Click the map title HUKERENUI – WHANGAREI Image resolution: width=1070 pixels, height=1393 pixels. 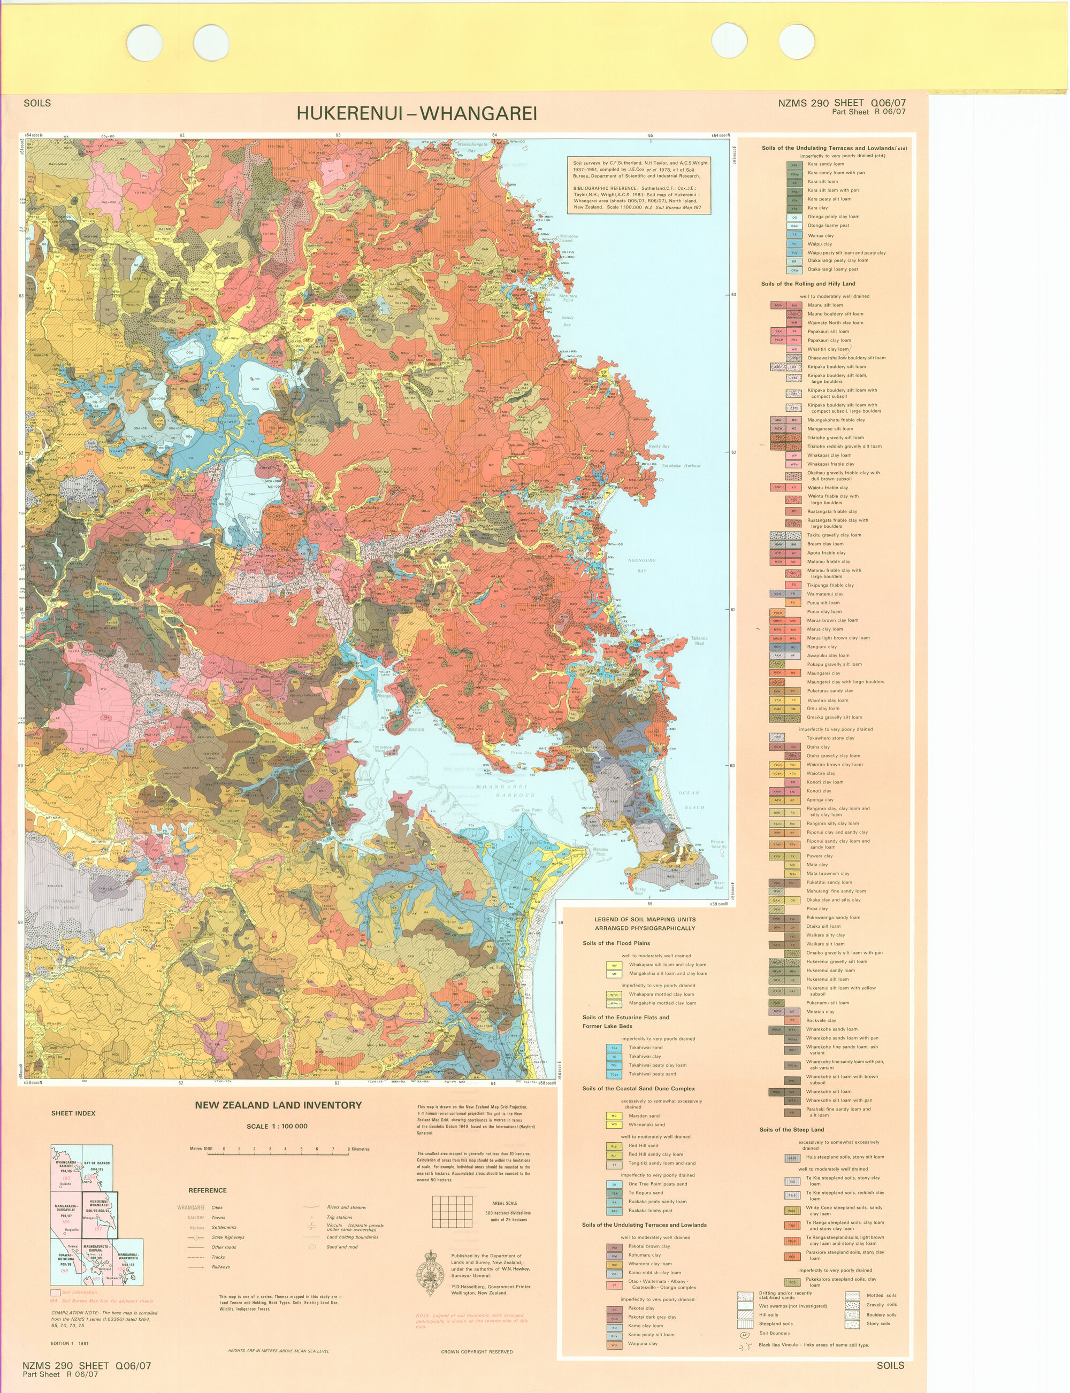(x=417, y=113)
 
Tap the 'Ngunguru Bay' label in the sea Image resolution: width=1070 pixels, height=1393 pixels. (x=642, y=565)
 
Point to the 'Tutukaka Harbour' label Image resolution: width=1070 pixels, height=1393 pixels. (x=681, y=466)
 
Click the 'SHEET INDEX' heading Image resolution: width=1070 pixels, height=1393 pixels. (x=73, y=1113)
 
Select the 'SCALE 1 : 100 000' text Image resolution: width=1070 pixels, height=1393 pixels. (x=277, y=1126)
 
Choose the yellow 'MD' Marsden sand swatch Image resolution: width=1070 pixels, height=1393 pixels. (x=613, y=1115)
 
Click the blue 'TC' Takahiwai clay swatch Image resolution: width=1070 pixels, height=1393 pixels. (x=613, y=1056)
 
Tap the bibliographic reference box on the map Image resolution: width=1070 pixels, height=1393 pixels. (x=638, y=185)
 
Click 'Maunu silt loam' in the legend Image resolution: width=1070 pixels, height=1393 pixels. (x=825, y=305)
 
